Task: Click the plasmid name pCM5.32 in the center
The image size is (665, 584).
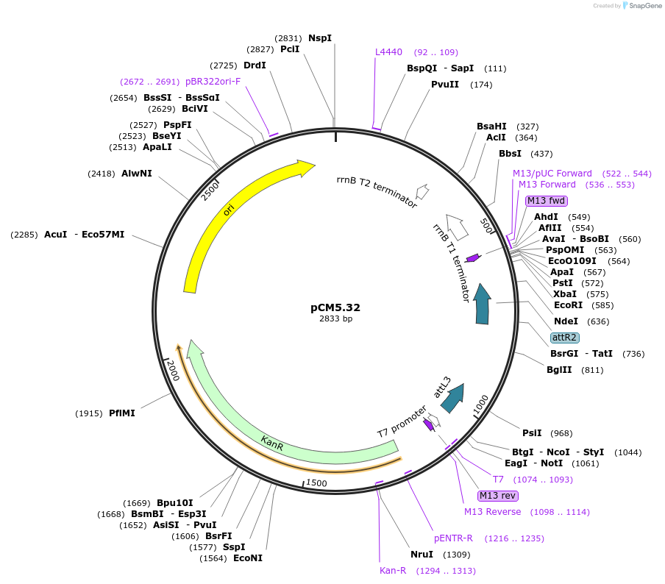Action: [x=335, y=307]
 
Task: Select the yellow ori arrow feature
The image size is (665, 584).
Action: [x=221, y=221]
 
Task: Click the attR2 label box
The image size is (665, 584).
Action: [x=565, y=338]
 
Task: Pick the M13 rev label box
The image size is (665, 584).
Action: [x=497, y=495]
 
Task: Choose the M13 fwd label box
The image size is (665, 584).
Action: [x=547, y=201]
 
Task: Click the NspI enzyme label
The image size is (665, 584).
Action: [x=320, y=38]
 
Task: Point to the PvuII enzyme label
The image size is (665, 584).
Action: [x=445, y=84]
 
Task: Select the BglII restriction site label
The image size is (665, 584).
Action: [x=559, y=369]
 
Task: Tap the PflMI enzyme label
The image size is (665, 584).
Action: [x=122, y=413]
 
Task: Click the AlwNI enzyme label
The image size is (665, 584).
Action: [x=137, y=174]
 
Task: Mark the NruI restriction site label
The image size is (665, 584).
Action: [x=422, y=554]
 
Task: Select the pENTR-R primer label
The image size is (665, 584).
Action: [x=453, y=538]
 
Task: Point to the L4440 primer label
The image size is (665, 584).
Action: [x=388, y=52]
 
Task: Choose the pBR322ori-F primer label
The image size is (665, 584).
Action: [x=213, y=81]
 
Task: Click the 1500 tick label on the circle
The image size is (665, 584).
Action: [x=316, y=482]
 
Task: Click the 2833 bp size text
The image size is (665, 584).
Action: [x=335, y=319]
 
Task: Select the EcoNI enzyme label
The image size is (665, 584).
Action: [x=247, y=558]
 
